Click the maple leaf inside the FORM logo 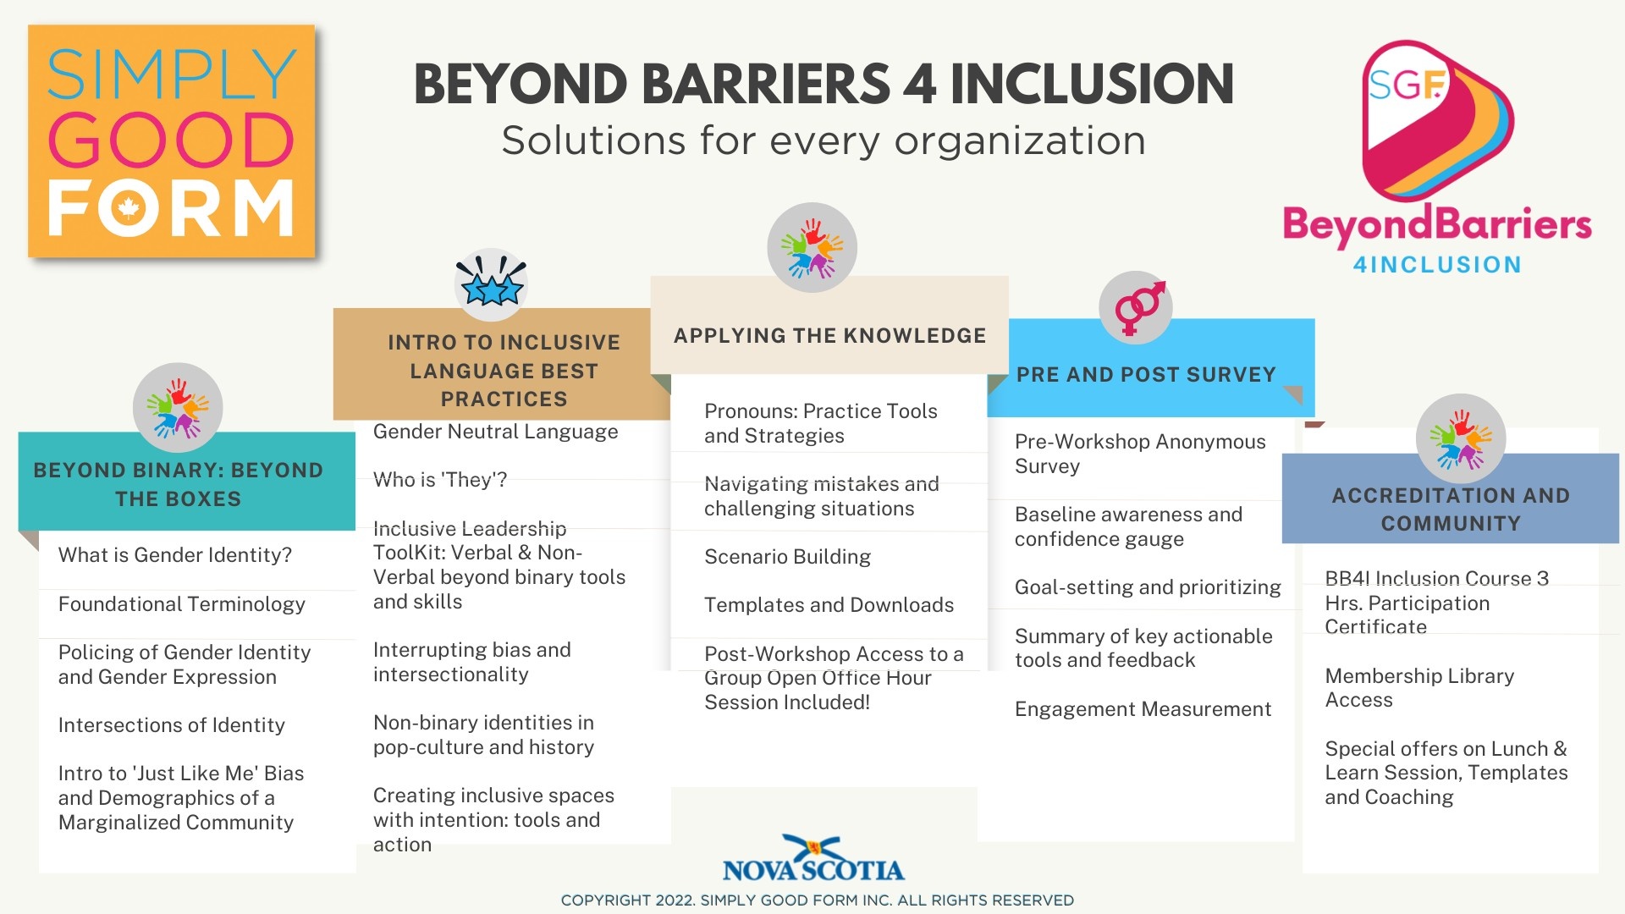tap(129, 207)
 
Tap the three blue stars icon tap(491, 284)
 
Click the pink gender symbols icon tap(1136, 307)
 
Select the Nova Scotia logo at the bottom tap(813, 858)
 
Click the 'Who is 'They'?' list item tap(440, 480)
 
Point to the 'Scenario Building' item tap(787, 557)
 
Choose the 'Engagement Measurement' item tap(1143, 709)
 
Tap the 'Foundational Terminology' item tap(181, 604)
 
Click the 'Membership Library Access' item tap(1419, 688)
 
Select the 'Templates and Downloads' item tap(829, 605)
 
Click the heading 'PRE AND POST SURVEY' tap(1146, 375)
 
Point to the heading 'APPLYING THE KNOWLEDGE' tap(829, 336)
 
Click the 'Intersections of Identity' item tap(171, 725)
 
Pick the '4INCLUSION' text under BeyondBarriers tap(1437, 265)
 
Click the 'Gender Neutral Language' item tap(495, 432)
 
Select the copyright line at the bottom tap(818, 900)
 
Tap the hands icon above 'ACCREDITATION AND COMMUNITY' tap(1460, 438)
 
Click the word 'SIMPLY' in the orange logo tap(172, 74)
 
